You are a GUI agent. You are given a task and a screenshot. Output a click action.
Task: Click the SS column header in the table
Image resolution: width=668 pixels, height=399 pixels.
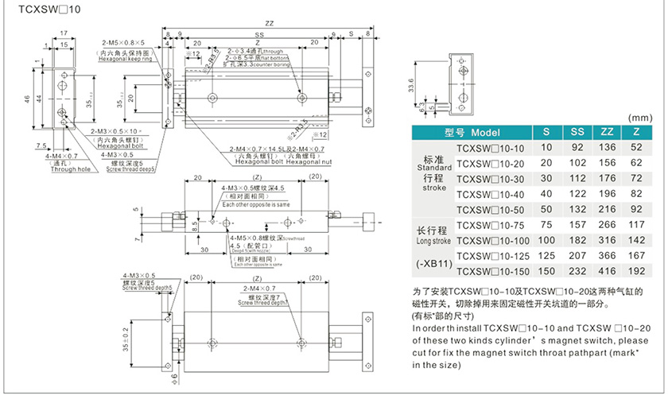(576, 132)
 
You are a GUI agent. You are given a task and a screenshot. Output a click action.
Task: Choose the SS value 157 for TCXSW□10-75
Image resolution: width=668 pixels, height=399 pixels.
(576, 225)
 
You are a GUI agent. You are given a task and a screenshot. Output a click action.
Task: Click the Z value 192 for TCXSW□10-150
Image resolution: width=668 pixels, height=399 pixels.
(636, 271)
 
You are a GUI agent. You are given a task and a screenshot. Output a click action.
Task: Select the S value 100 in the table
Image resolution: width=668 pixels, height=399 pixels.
(546, 240)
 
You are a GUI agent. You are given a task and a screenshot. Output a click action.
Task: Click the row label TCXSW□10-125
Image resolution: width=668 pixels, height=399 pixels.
(491, 256)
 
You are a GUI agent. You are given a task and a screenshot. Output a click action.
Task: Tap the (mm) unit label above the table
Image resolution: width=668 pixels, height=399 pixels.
(639, 117)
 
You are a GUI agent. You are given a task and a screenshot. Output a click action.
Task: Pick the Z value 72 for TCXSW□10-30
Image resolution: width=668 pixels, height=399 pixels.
(636, 178)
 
